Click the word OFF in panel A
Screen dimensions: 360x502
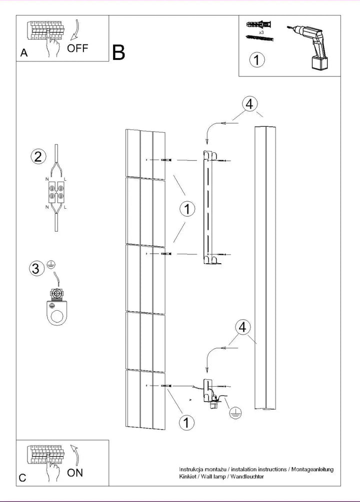(x=77, y=48)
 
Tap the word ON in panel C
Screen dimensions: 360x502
(x=75, y=473)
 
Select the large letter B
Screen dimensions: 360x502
(x=118, y=52)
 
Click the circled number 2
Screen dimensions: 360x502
(x=38, y=156)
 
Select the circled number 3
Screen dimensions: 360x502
(x=36, y=268)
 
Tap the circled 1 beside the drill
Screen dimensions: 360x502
(x=257, y=59)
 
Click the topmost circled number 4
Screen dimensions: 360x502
(x=249, y=104)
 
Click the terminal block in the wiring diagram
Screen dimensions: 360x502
(x=56, y=192)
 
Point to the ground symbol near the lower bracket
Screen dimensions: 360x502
(x=235, y=413)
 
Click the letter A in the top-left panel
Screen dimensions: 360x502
(x=24, y=53)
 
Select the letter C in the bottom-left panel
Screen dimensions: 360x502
(x=22, y=478)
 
